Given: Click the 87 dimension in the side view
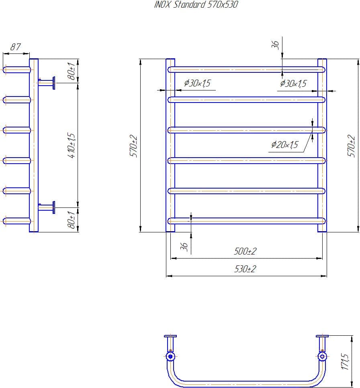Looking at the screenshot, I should (15, 47).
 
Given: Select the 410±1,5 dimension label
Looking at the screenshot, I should (73, 145).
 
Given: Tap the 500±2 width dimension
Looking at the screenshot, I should (245, 252).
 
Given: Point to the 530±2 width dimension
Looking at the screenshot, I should (245, 269).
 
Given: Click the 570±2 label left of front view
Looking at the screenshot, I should (134, 146).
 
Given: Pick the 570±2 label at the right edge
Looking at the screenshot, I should (352, 146).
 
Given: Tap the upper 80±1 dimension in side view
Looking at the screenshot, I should (72, 71).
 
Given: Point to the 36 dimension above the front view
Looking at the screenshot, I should (276, 45).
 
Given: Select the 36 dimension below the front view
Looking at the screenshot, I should (184, 247).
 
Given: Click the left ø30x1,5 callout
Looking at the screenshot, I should (197, 84).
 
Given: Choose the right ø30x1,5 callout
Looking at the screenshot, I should (293, 84).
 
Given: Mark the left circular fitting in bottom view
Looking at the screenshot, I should (170, 356).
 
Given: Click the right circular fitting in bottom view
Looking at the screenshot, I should (322, 356).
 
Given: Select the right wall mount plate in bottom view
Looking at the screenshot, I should (322, 336).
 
